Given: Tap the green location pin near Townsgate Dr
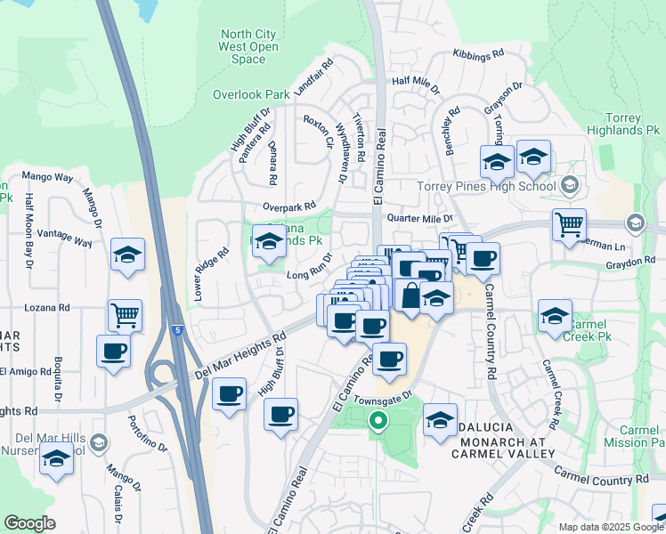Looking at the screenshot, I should click(x=378, y=422).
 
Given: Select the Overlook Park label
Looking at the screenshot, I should click(x=251, y=94).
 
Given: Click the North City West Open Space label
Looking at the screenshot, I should click(x=248, y=46).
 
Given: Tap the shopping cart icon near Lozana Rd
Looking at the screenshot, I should click(x=125, y=313).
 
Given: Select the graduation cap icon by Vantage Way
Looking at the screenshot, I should click(x=127, y=255).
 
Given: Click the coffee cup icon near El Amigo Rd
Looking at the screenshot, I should click(x=113, y=350).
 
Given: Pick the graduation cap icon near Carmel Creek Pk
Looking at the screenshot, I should click(x=555, y=315).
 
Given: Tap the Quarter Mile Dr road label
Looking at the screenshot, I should click(x=419, y=218).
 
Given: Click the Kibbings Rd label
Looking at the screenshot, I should click(x=478, y=54).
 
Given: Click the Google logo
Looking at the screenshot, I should click(x=29, y=523).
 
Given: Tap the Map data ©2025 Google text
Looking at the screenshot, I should click(x=611, y=526).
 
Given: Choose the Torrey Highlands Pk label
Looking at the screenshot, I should click(x=633, y=124).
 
